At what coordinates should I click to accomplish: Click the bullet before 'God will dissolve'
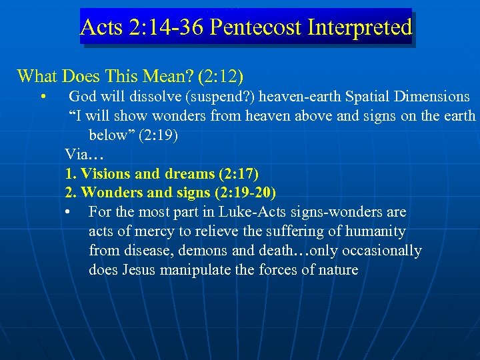(x=42, y=97)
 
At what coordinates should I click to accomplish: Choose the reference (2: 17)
(x=238, y=174)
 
